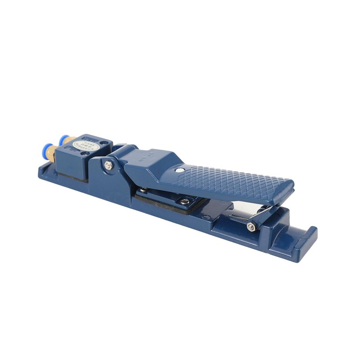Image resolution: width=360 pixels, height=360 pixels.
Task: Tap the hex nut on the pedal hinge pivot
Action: pyautogui.click(x=108, y=166)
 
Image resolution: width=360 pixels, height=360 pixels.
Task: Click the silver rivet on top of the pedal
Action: pyautogui.click(x=180, y=170)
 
